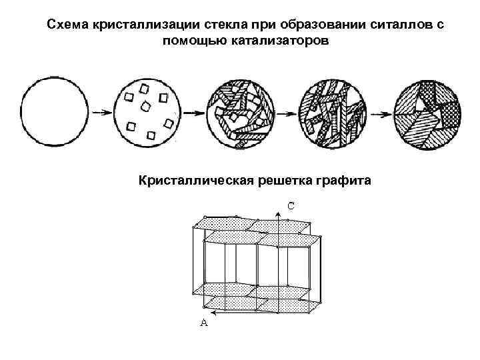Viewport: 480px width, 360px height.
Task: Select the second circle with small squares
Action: pyautogui.click(x=148, y=113)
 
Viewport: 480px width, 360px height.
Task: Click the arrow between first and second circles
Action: pyautogui.click(x=101, y=113)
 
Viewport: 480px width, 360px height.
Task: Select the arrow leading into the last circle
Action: pyautogui.click(x=379, y=113)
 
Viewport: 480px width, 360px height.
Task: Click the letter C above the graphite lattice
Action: pyautogui.click(x=291, y=205)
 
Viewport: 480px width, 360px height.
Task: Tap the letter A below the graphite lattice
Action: pyautogui.click(x=204, y=323)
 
